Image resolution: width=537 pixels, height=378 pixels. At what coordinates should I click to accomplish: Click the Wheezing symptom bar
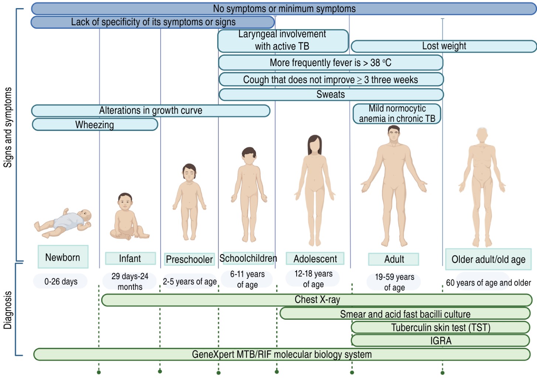pyautogui.click(x=95, y=125)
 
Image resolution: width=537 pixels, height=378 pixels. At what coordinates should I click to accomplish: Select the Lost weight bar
pyautogui.click(x=444, y=46)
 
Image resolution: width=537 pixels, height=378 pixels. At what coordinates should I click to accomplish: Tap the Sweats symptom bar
pyautogui.click(x=331, y=94)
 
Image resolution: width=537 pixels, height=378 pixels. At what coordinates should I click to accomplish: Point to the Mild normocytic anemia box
pyautogui.click(x=397, y=114)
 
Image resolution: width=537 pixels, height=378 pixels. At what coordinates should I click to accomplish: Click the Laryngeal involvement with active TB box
pyautogui.click(x=283, y=41)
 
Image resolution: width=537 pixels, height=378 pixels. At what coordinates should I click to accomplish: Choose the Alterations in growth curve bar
pyautogui.click(x=151, y=110)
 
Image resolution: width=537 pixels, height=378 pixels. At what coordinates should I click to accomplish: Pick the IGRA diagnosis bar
pyautogui.click(x=440, y=340)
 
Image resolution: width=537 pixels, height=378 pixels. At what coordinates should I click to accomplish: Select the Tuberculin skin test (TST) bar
pyautogui.click(x=440, y=327)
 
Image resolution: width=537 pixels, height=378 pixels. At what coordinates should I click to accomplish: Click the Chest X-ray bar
pyautogui.click(x=317, y=300)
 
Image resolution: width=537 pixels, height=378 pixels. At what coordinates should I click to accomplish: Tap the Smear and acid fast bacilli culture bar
pyautogui.click(x=405, y=314)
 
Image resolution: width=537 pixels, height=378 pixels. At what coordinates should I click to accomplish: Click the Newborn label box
pyautogui.click(x=63, y=257)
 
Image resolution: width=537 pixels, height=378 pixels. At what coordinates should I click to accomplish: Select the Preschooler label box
pyautogui.click(x=189, y=259)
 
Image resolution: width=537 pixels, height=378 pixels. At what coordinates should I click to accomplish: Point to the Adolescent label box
pyautogui.click(x=315, y=259)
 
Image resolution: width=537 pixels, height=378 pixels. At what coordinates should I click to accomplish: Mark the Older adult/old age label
pyautogui.click(x=488, y=259)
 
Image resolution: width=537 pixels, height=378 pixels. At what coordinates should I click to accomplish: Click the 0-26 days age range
pyautogui.click(x=61, y=282)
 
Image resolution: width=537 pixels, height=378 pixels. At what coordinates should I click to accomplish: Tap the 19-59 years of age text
pyautogui.click(x=394, y=282)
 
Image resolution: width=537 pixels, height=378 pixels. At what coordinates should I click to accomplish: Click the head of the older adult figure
pyautogui.click(x=482, y=135)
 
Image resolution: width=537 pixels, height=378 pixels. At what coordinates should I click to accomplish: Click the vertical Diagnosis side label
pyautogui.click(x=8, y=310)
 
